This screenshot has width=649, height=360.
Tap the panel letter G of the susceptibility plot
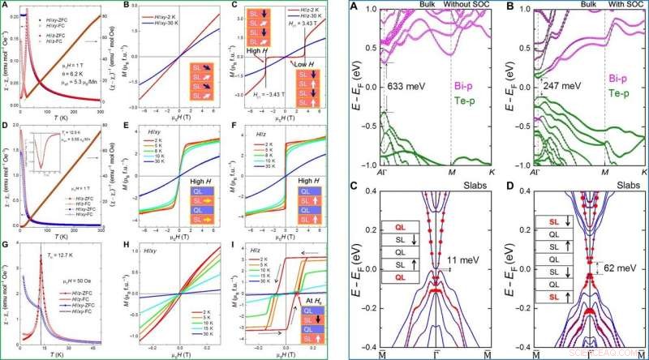pyautogui.click(x=5, y=243)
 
